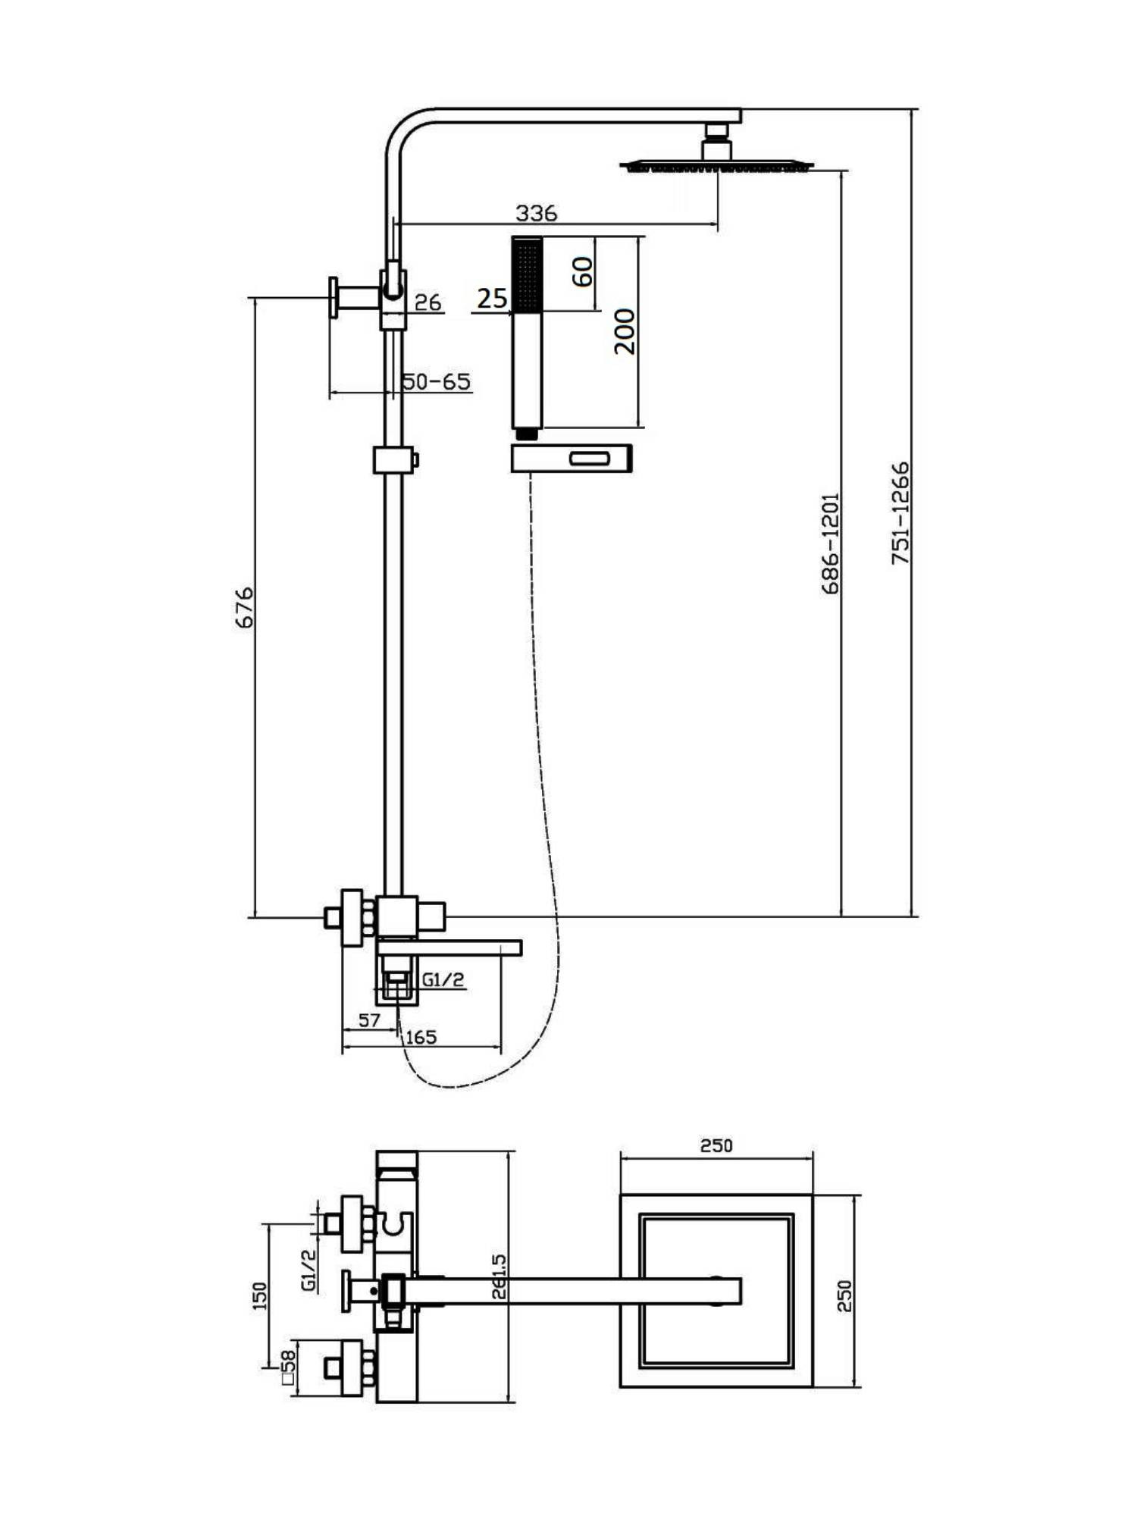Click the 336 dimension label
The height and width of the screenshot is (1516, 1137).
(x=536, y=213)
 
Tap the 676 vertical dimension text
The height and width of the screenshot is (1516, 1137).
(x=244, y=606)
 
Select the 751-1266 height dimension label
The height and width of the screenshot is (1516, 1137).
(x=900, y=513)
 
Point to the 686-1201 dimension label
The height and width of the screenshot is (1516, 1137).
(x=831, y=543)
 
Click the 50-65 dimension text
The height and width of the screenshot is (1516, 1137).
(x=436, y=381)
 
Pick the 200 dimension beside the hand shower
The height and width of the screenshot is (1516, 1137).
(x=625, y=330)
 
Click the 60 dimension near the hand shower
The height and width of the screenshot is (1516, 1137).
(x=582, y=271)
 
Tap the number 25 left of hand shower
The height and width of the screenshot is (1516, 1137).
(x=492, y=299)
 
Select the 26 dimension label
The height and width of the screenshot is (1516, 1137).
(x=428, y=302)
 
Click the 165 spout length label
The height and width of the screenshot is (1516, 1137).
(x=421, y=1037)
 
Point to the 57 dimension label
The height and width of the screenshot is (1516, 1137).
(x=369, y=1020)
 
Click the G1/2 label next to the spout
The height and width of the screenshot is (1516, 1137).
(x=443, y=979)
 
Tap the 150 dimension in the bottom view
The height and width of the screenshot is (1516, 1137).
(x=259, y=1295)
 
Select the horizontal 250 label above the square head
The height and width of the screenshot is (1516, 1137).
(x=716, y=1145)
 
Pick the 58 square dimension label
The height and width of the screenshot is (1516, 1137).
(x=288, y=1366)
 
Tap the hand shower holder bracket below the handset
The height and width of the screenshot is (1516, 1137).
(x=572, y=459)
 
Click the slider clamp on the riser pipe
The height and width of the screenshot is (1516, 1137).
(x=394, y=459)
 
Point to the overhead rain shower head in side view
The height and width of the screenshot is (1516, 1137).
(x=716, y=164)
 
